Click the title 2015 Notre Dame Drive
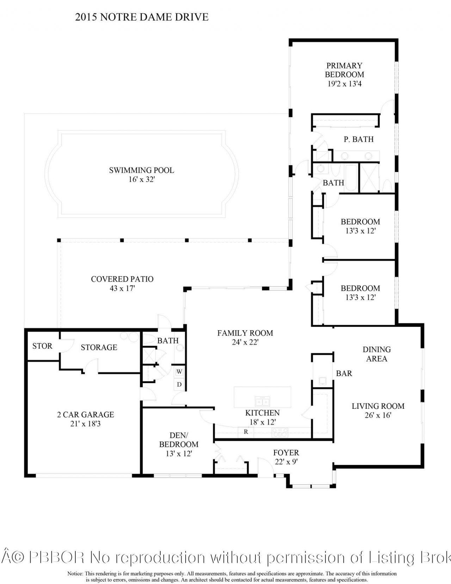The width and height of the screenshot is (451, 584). click(142, 17)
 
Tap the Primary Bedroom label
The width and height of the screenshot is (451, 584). click(344, 70)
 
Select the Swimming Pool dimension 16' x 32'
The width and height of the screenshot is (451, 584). click(142, 179)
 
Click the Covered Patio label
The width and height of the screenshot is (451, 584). click(122, 279)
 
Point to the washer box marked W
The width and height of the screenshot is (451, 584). click(179, 371)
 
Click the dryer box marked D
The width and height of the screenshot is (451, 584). click(179, 384)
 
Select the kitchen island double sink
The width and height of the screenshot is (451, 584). click(262, 401)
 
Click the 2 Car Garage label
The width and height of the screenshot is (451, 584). click(86, 415)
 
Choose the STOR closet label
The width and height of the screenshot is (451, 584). click(42, 346)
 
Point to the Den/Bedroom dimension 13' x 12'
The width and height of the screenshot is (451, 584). click(179, 454)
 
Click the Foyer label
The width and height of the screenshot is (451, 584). click(286, 453)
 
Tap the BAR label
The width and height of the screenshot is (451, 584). click(344, 374)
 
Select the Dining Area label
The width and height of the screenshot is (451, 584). click(377, 354)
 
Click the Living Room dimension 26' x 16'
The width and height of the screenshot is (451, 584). click(378, 415)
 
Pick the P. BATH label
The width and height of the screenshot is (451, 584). click(358, 139)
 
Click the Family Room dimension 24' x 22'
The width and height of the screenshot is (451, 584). click(245, 342)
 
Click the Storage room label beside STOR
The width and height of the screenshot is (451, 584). click(99, 348)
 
